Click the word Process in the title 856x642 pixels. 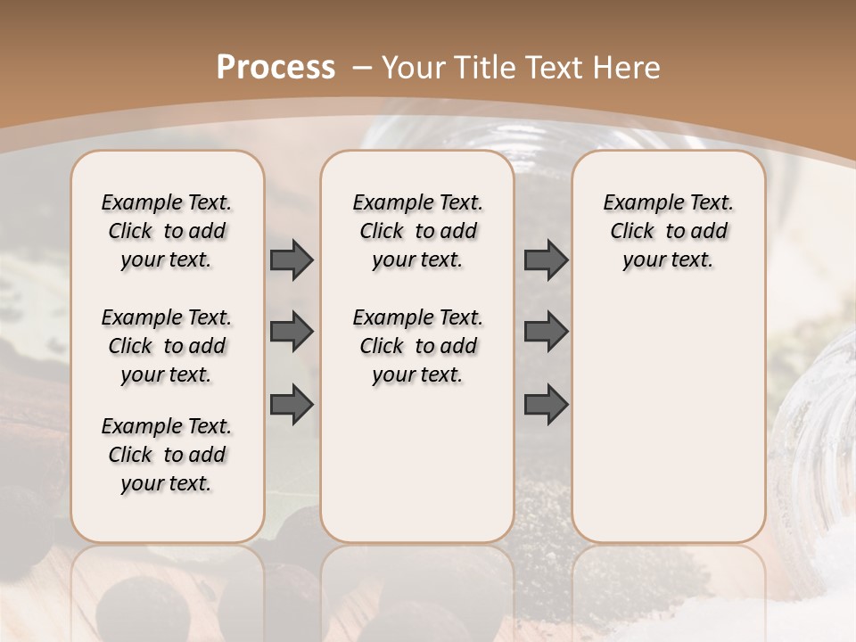[x=276, y=67]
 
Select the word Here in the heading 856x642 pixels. [x=630, y=67]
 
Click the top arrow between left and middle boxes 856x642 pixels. [x=292, y=259]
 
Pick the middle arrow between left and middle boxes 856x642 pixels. [x=292, y=332]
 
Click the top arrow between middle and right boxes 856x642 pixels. [x=546, y=259]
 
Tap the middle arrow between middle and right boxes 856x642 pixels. [x=546, y=332]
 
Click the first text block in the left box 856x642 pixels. [x=167, y=231]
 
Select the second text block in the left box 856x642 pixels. [x=167, y=346]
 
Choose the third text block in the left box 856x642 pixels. [x=167, y=455]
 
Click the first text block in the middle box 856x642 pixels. [x=417, y=231]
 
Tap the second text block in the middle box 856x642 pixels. [x=417, y=346]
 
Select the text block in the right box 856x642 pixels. [x=668, y=231]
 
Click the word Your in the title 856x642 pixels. [x=413, y=67]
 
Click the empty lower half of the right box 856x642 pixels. [x=668, y=428]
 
